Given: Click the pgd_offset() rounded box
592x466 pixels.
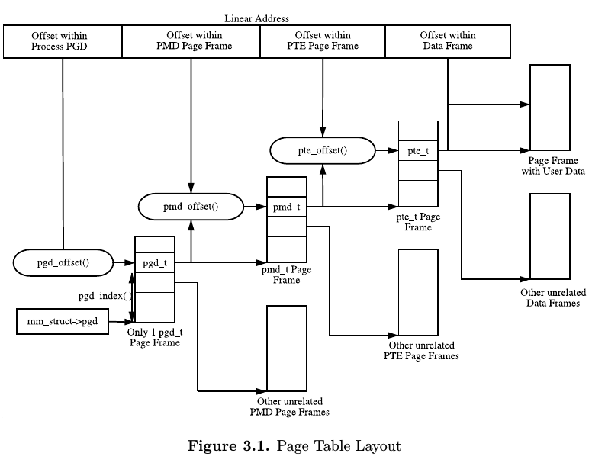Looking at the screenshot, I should tap(63, 263).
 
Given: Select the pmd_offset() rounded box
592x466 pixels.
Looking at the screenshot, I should tap(190, 206).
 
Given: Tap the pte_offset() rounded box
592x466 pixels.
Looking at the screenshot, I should tap(322, 150).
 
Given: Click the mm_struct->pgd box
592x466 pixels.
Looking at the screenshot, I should tap(63, 320).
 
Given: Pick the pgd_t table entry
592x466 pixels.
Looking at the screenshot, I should tap(155, 264).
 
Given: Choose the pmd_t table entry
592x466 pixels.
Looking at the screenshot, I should tap(286, 207).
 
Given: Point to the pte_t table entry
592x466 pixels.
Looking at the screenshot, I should tap(417, 151).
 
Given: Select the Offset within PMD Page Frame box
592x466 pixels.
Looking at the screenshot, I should tap(191, 41).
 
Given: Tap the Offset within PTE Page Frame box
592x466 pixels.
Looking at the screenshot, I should tap(323, 41).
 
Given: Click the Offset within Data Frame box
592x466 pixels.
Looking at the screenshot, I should tap(448, 41).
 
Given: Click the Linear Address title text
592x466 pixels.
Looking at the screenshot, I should tap(256, 18).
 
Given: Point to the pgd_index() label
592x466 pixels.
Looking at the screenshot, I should tap(105, 296).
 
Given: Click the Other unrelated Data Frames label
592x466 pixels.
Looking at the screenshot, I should tap(550, 297).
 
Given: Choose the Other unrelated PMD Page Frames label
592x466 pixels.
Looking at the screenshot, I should tap(289, 407).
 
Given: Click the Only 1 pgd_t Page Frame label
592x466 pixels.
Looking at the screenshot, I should tap(155, 338).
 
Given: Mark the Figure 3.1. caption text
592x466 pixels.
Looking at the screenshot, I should tap(294, 446).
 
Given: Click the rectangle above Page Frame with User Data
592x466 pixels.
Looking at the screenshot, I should tap(550, 108).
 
